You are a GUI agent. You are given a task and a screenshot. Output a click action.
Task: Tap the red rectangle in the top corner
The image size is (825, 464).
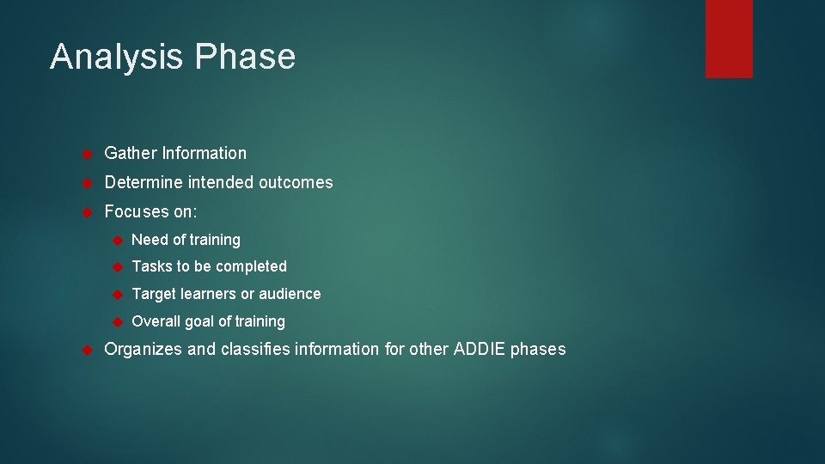pyautogui.click(x=729, y=39)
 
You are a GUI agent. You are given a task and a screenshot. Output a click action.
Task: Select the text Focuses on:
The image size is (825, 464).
pyautogui.click(x=150, y=211)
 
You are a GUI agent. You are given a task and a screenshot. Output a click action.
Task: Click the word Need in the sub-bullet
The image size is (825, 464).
pyautogui.click(x=150, y=240)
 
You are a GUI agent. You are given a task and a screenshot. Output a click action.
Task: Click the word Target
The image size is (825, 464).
pyautogui.click(x=154, y=294)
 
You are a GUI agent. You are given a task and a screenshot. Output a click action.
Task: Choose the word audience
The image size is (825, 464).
pyautogui.click(x=289, y=294)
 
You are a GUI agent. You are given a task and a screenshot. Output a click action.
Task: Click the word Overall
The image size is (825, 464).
pyautogui.click(x=156, y=321)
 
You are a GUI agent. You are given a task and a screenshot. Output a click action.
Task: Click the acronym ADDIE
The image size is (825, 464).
pyautogui.click(x=480, y=350)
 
